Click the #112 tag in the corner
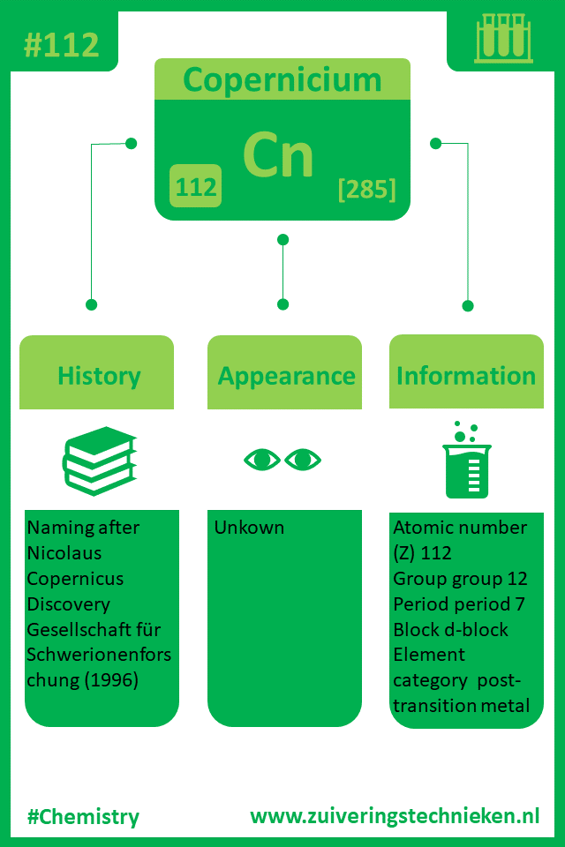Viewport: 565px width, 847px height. pos(62,44)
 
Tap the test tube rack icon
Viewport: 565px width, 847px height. pos(503,38)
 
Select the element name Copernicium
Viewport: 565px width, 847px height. pos(282,80)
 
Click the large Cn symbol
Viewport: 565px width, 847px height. pos(278,155)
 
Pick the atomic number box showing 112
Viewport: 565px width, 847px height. pos(196,186)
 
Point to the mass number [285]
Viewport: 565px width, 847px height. pos(367,189)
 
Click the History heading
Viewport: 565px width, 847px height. pos(99,376)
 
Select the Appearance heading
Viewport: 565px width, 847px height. pos(286,377)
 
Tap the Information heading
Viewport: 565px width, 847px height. pos(466,376)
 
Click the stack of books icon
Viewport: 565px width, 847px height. pos(100,461)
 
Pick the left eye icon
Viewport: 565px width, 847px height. pos(262,460)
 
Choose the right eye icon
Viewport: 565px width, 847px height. pos(303,460)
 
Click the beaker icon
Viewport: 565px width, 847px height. pos(467,461)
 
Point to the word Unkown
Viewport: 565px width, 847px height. pos(249,528)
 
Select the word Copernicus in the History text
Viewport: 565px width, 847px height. pos(75,579)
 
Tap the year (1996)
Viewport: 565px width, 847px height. pos(111,679)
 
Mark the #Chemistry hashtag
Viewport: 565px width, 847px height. pos(83,817)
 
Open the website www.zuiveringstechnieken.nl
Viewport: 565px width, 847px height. pos(395,815)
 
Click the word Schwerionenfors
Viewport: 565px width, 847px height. pos(99,655)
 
